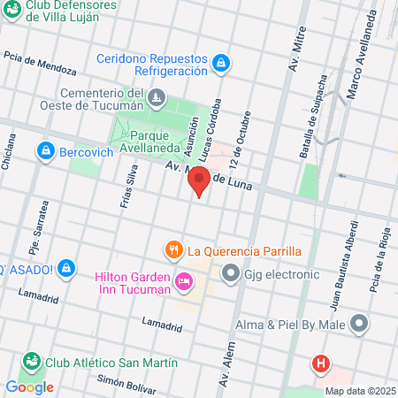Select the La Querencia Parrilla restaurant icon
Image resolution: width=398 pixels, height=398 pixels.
pyautogui.click(x=173, y=250)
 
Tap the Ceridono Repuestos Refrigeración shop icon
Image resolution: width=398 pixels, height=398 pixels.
pyautogui.click(x=221, y=62)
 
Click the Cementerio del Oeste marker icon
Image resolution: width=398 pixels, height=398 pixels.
pyautogui.click(x=157, y=96)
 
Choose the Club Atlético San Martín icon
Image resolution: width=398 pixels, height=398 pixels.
pyautogui.click(x=32, y=363)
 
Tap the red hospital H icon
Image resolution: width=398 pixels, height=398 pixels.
pyautogui.click(x=321, y=363)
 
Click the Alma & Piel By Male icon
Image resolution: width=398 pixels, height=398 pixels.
pyautogui.click(x=359, y=324)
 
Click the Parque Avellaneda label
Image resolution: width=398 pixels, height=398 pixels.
pyautogui.click(x=156, y=142)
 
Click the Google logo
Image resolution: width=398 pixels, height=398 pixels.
pyautogui.click(x=29, y=387)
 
